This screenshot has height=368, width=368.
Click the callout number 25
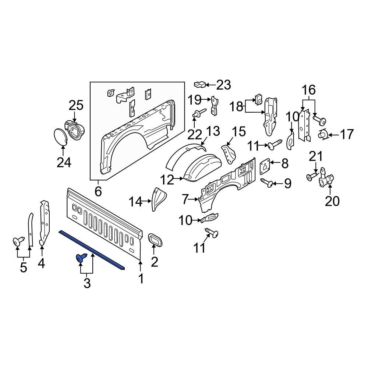[76, 106]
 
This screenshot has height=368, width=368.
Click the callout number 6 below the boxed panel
[98, 191]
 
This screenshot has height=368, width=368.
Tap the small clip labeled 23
[199, 85]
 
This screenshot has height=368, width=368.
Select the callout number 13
[213, 131]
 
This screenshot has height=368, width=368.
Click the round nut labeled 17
[323, 135]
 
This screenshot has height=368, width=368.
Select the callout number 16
[309, 89]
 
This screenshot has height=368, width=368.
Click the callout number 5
[24, 267]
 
